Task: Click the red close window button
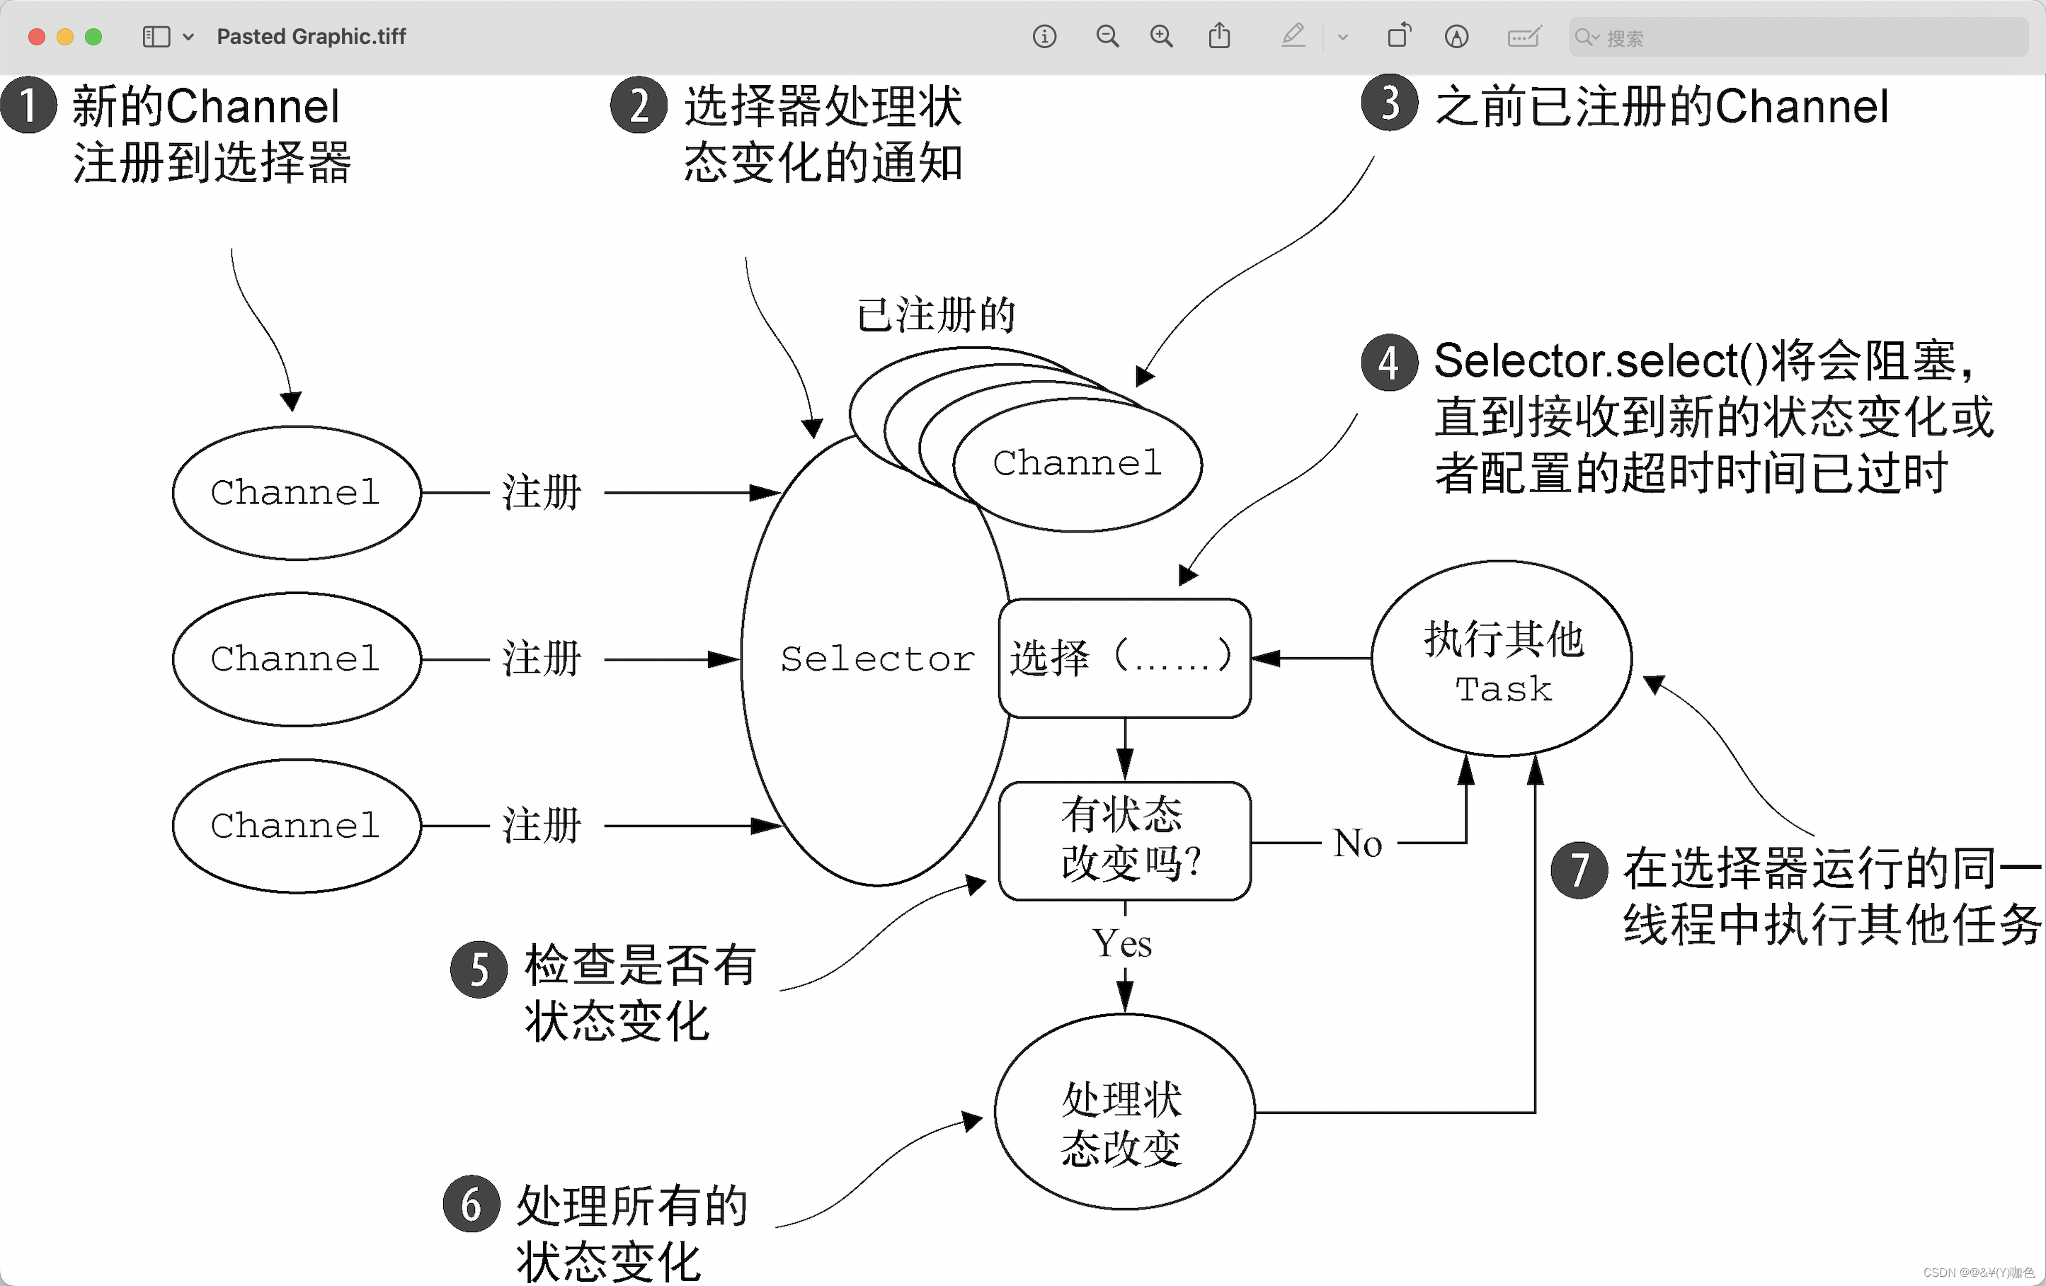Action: click(37, 37)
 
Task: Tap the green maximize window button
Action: click(93, 37)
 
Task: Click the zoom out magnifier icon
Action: click(1107, 37)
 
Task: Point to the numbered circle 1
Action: click(29, 106)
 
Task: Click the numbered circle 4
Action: click(1389, 363)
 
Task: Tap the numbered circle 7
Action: click(1579, 870)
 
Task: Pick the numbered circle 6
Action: click(471, 1204)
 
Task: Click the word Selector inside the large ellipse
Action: click(877, 659)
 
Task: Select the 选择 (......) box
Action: click(1124, 658)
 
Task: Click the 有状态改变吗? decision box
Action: click(1124, 840)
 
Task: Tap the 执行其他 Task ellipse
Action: click(1502, 659)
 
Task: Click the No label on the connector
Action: click(1358, 843)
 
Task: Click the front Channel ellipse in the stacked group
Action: click(1078, 464)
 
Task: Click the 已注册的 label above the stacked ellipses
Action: click(937, 315)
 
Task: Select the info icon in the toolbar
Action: click(1044, 37)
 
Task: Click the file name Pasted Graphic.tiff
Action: click(311, 37)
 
